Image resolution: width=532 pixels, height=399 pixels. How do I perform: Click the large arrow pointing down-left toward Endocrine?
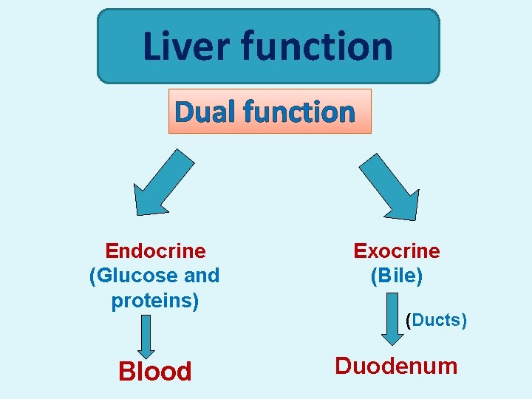click(x=163, y=181)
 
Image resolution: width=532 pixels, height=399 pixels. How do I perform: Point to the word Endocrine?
click(x=155, y=251)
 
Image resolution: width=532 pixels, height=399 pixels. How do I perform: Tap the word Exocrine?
click(x=397, y=251)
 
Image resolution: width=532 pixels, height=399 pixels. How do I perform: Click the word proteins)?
click(x=155, y=301)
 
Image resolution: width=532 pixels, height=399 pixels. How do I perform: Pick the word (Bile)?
click(x=397, y=276)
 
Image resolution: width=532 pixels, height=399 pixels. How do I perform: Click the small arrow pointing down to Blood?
click(x=146, y=336)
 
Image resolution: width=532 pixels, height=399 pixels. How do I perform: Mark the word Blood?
click(x=155, y=371)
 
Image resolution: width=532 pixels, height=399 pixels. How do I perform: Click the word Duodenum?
click(x=397, y=366)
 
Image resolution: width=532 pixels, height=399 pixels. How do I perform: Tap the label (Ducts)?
click(x=437, y=320)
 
